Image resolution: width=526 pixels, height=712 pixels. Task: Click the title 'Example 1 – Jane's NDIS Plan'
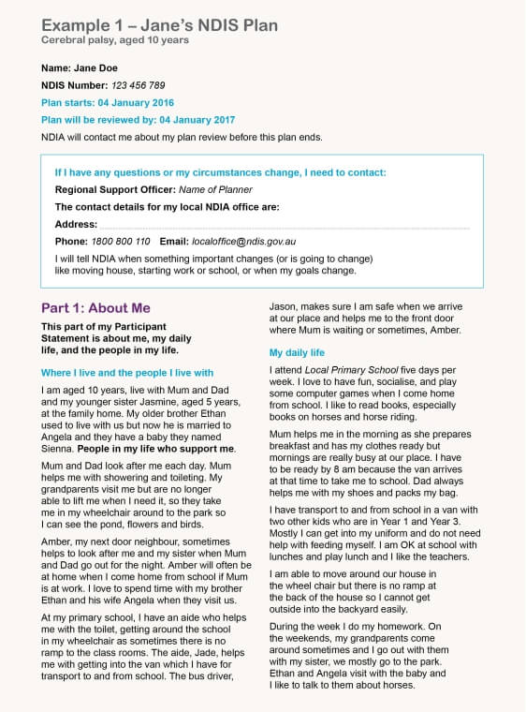pyautogui.click(x=159, y=25)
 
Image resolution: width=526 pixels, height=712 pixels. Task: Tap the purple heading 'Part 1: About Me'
pyautogui.click(x=95, y=308)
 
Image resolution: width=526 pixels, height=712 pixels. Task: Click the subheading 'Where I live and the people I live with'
pyautogui.click(x=127, y=372)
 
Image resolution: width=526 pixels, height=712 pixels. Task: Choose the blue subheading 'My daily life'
pyautogui.click(x=297, y=352)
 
